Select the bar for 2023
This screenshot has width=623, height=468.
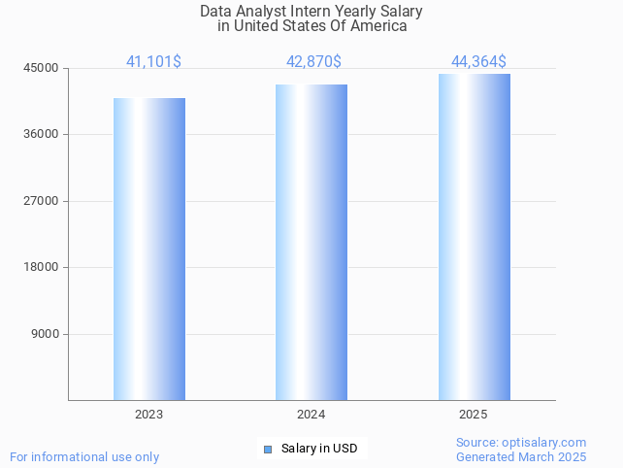[149, 249]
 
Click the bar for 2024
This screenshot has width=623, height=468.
[311, 242]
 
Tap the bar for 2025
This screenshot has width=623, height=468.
[474, 237]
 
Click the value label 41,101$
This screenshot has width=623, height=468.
[153, 62]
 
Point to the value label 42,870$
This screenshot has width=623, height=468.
[313, 62]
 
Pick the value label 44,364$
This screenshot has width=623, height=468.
[478, 62]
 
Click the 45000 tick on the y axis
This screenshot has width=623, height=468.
[43, 68]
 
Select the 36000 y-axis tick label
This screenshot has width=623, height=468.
[43, 134]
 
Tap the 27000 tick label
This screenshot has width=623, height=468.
[43, 201]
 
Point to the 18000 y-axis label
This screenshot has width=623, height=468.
[43, 267]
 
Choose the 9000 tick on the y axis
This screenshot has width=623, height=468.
[46, 334]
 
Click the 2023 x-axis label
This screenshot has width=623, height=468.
[149, 415]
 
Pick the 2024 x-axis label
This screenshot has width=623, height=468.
[311, 415]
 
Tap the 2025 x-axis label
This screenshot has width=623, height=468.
[474, 415]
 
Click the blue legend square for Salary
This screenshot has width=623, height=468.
[268, 449]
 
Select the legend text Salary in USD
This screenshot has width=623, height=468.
[319, 449]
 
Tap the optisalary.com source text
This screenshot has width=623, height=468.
[548, 443]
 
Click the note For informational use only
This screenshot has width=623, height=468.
[84, 456]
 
